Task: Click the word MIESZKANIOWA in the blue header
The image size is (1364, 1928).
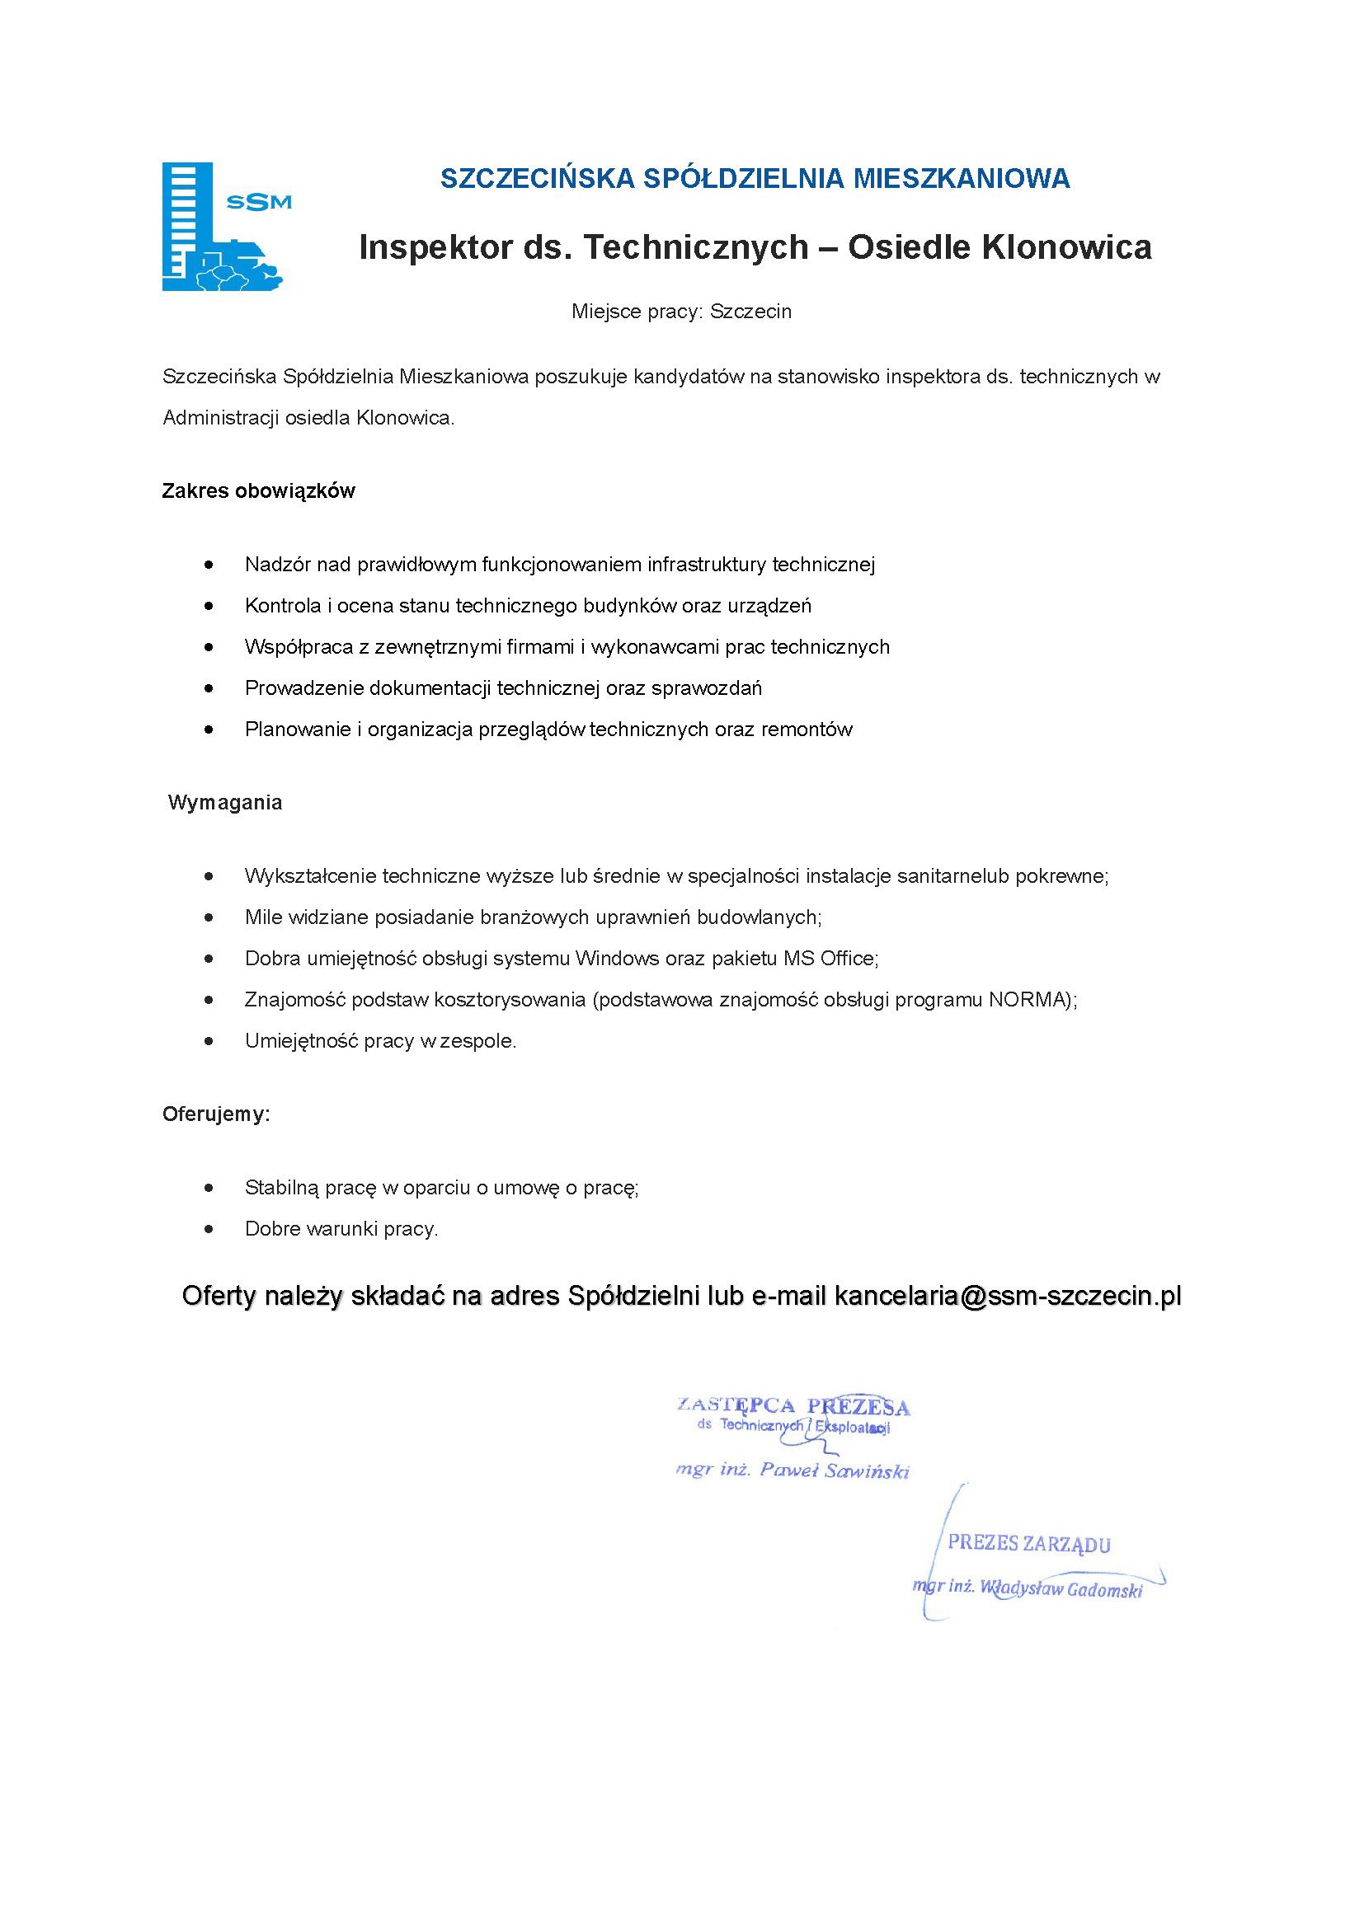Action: click(961, 178)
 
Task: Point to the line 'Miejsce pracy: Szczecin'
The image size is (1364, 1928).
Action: click(681, 312)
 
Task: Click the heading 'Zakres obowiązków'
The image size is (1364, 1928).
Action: click(258, 491)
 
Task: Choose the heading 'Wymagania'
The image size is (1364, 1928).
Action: click(225, 803)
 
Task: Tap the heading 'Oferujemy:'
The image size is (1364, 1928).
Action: click(216, 1114)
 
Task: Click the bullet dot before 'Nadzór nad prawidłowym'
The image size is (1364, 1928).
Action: click(209, 565)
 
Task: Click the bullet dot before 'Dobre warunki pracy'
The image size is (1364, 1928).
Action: click(209, 1229)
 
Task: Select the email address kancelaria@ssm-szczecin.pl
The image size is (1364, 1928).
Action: click(1007, 1296)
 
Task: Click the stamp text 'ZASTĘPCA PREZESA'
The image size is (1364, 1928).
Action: click(793, 1405)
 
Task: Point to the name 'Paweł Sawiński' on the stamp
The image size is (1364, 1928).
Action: click(833, 1471)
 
